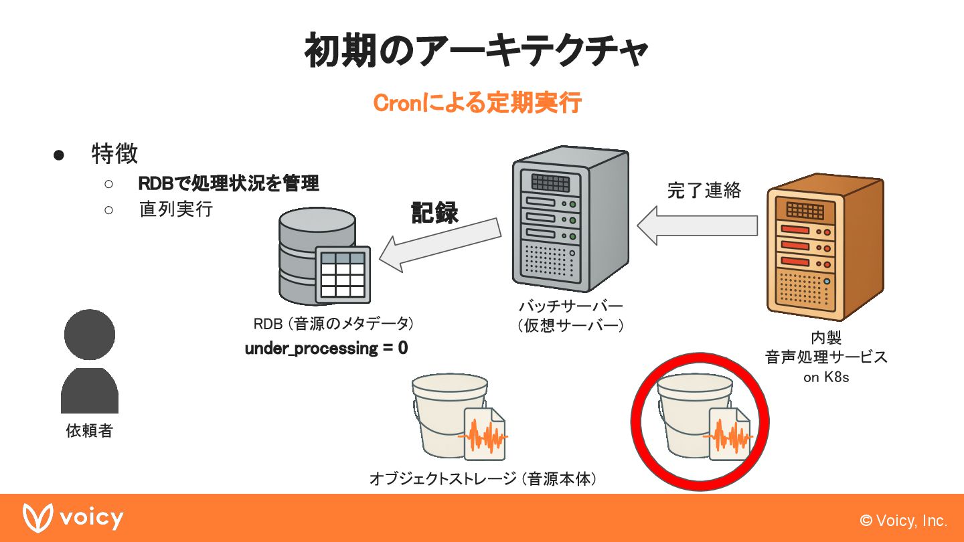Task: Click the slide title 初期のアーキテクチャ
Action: [476, 52]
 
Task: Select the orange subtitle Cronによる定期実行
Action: [477, 104]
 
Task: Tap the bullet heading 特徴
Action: [114, 153]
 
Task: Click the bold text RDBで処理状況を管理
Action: [228, 183]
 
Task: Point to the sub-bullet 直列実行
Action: [175, 209]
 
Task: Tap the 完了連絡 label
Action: [704, 190]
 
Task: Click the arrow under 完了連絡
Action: [697, 225]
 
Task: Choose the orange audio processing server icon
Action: [824, 248]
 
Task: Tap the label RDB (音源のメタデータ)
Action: [333, 324]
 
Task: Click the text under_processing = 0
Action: [326, 349]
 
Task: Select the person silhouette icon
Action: [90, 361]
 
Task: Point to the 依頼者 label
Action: [89, 431]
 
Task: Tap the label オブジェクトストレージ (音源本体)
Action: [483, 479]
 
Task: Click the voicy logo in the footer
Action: [73, 518]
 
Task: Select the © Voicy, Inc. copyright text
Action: [903, 521]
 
